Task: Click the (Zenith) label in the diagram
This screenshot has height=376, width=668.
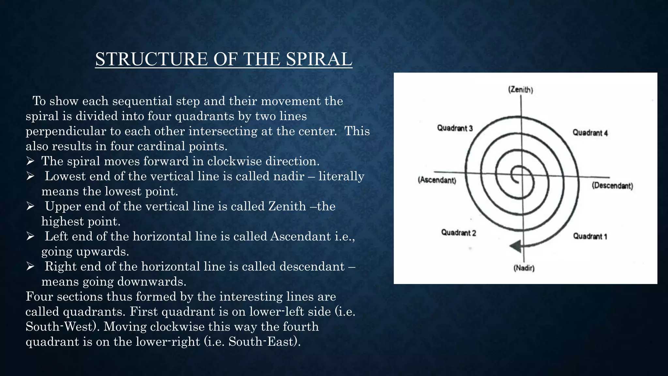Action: coord(521,90)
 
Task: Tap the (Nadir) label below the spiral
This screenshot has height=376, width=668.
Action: coord(524,268)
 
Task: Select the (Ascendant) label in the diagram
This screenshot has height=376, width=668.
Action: coord(437,180)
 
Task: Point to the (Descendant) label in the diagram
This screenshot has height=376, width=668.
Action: coord(613,186)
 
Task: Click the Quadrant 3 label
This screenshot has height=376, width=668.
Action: coord(455,128)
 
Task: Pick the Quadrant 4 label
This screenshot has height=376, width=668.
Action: coord(590,133)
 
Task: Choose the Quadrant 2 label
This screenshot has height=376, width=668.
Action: coord(459,233)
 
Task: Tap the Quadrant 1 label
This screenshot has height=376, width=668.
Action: coord(590,236)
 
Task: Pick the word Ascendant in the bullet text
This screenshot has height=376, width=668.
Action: coord(300,236)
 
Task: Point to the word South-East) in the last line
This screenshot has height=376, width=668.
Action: coord(265,342)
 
